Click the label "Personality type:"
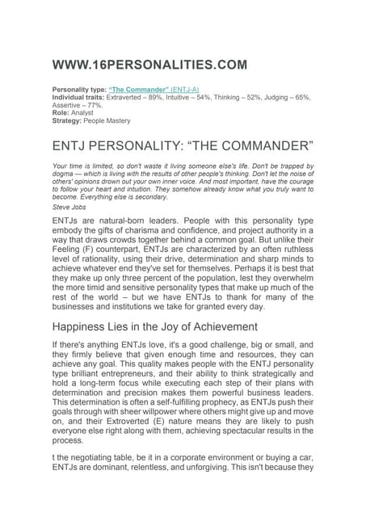(78, 89)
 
